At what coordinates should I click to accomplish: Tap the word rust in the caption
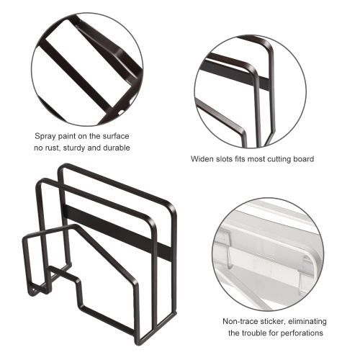[x=53, y=148]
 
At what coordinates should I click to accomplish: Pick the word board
[x=304, y=159]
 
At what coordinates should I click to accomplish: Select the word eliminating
[x=307, y=321]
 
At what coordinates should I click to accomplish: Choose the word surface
[x=116, y=136]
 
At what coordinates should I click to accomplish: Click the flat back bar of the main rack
[x=117, y=231]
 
